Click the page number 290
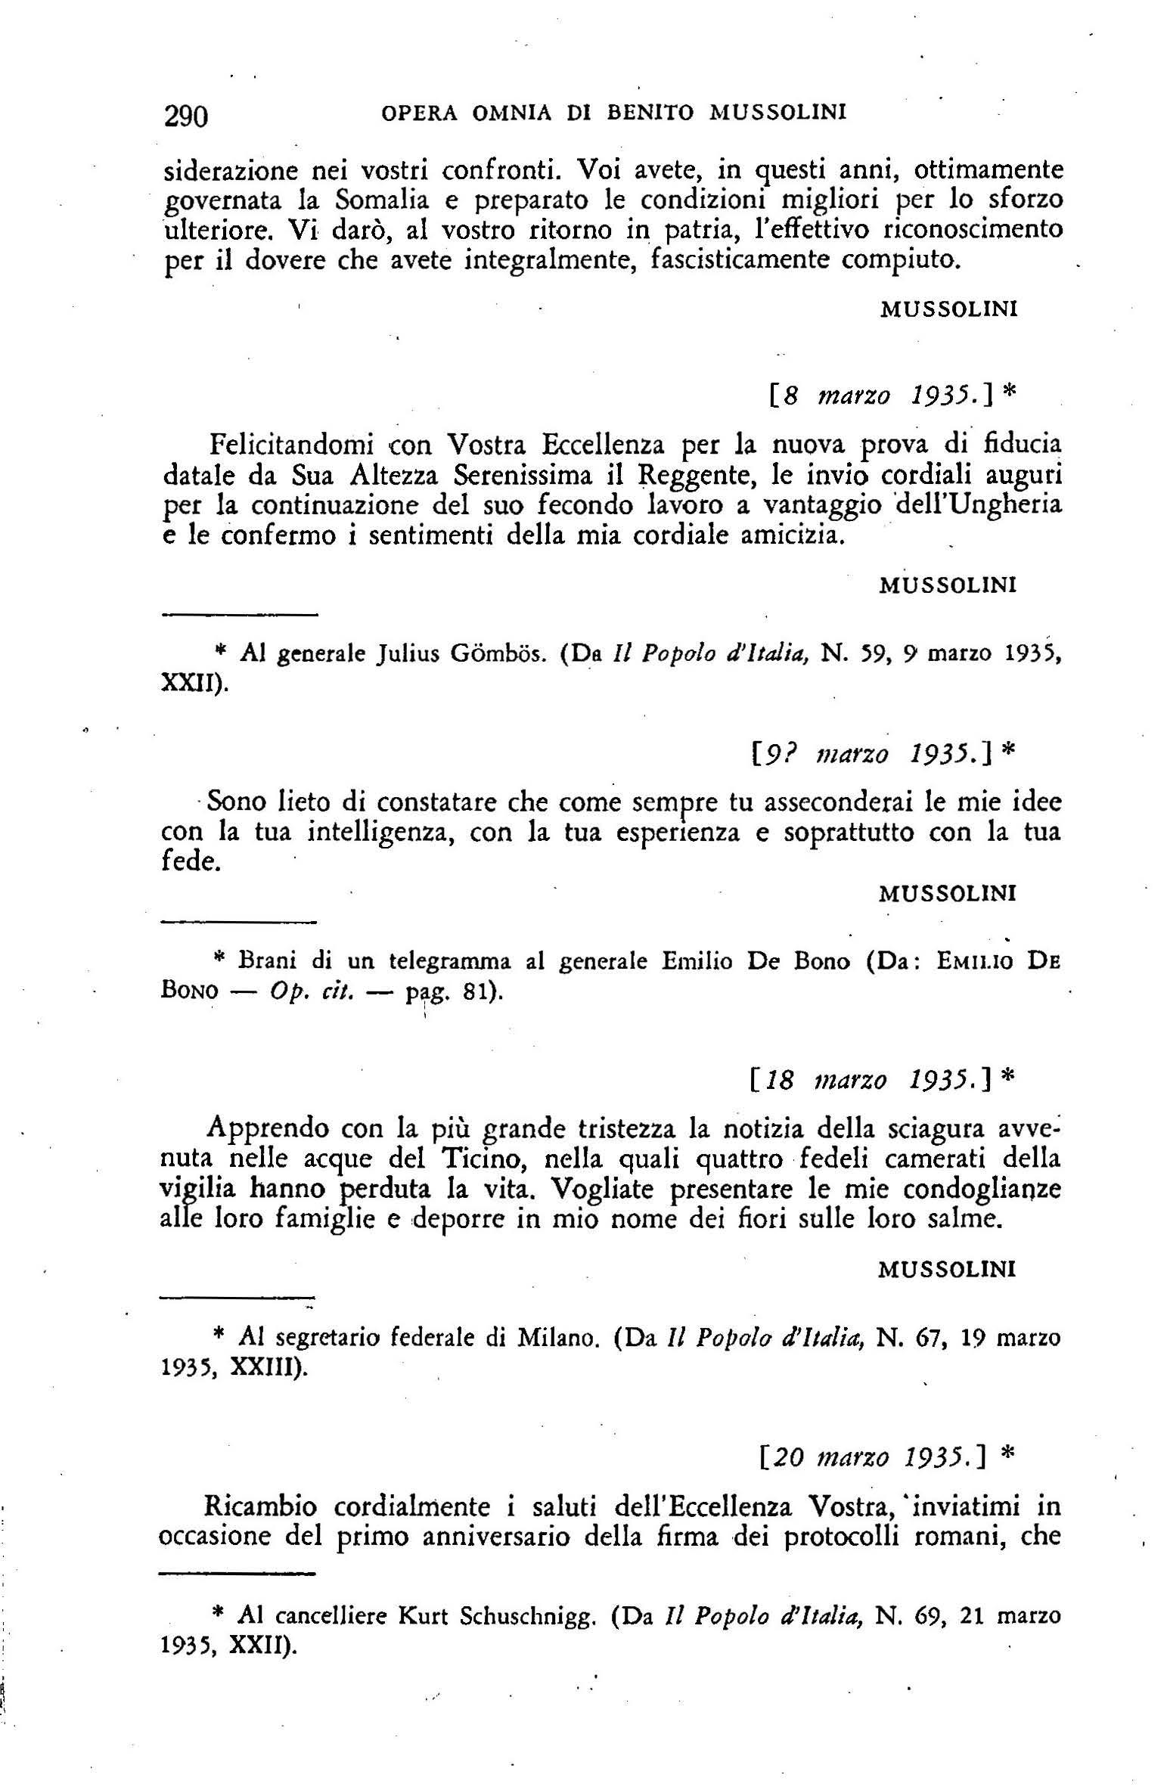(x=185, y=116)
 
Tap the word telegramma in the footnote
(x=449, y=961)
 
